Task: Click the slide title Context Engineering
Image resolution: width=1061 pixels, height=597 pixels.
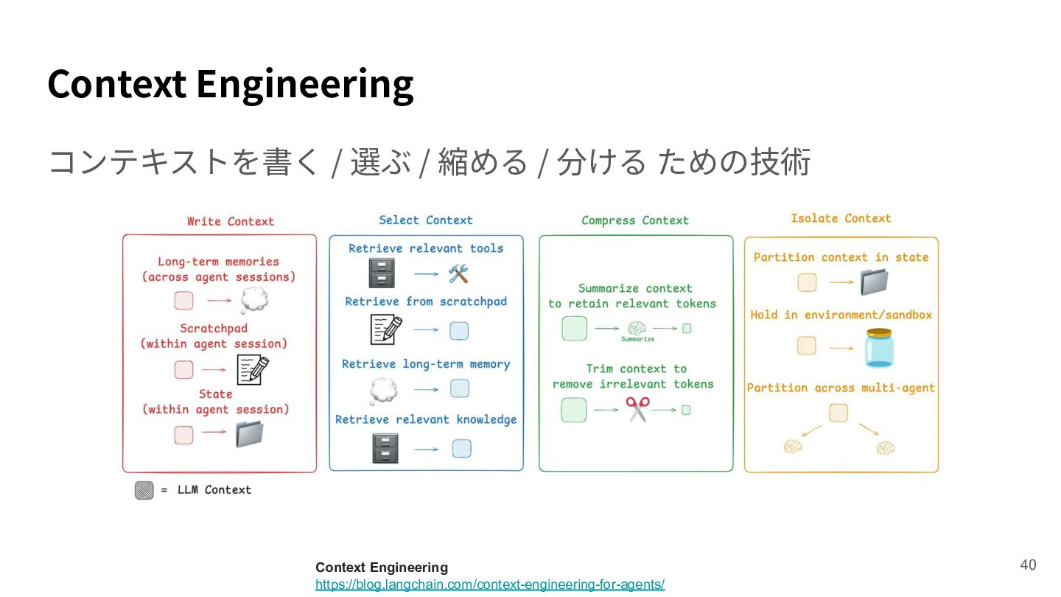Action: tap(231, 85)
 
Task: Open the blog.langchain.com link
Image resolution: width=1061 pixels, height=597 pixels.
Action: tap(490, 584)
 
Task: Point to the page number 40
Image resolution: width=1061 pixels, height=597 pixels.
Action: tap(1028, 565)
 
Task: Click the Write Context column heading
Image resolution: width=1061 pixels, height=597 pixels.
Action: tap(231, 221)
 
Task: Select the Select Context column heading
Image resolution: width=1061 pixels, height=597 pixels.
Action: tap(425, 220)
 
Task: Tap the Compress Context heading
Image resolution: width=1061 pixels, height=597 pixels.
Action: tap(634, 220)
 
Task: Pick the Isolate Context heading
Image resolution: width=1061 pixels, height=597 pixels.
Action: tap(841, 218)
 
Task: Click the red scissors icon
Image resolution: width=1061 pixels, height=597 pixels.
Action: tap(637, 409)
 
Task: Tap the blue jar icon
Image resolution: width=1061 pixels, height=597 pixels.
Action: tap(879, 348)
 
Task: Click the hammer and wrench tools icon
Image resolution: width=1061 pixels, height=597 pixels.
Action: tap(458, 274)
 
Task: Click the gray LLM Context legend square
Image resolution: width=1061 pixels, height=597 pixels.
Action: tap(144, 490)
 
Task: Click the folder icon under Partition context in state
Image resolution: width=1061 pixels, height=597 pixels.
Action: tap(874, 282)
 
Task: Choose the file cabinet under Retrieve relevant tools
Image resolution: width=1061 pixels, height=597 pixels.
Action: tap(382, 273)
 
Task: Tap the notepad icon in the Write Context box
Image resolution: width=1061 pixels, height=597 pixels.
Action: tap(253, 370)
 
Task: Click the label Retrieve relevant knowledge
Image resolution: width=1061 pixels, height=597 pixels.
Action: tap(426, 420)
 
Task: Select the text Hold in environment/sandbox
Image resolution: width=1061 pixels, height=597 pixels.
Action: tap(841, 315)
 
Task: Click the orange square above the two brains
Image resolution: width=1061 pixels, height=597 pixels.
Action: tap(838, 413)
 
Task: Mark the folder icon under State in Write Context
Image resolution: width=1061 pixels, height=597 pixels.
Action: tap(249, 434)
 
